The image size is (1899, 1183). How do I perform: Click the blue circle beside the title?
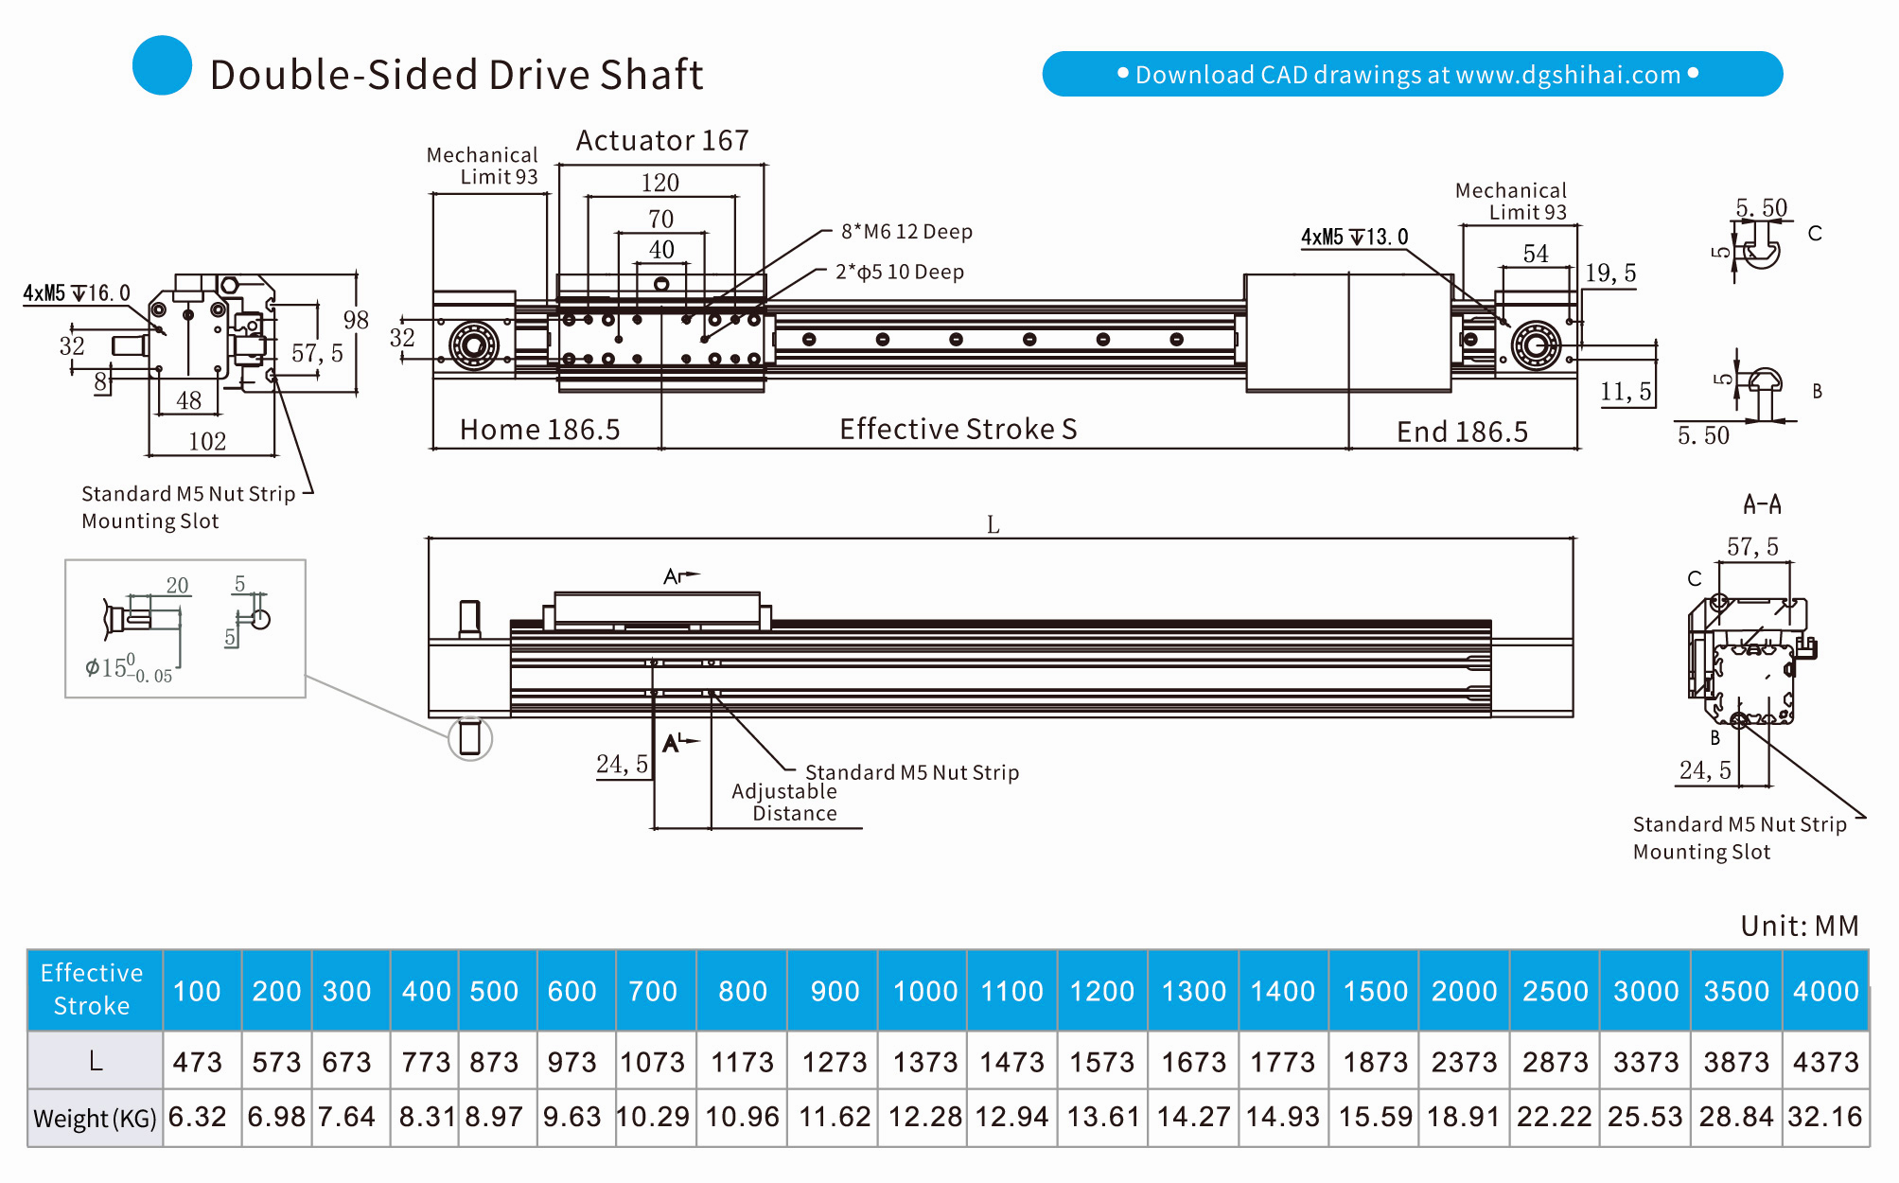(162, 65)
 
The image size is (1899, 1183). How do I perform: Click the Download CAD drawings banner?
(1412, 74)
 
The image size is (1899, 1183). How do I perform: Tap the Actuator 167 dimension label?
(662, 141)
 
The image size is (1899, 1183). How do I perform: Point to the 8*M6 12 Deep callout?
(906, 232)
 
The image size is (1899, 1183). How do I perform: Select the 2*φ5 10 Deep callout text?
(899, 273)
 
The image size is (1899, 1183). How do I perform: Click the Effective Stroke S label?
(958, 430)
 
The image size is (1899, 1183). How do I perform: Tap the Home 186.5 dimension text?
(539, 431)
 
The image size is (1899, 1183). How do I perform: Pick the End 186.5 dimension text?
(1462, 433)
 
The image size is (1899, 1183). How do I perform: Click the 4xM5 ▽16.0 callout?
(77, 293)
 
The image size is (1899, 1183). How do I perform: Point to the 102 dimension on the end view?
(207, 442)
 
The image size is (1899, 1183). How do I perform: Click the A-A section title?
(1762, 504)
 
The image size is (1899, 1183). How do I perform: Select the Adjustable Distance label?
(785, 803)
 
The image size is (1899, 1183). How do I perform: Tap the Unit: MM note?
(1800, 926)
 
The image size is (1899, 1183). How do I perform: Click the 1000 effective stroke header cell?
(925, 991)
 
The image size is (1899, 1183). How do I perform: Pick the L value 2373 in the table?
(1464, 1062)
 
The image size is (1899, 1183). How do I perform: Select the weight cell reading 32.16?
(1825, 1117)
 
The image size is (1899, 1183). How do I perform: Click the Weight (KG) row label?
(95, 1119)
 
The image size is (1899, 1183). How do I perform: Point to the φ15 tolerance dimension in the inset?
(129, 668)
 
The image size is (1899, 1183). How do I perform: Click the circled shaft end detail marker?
(469, 738)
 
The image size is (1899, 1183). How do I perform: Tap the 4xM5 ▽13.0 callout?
(1354, 238)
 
